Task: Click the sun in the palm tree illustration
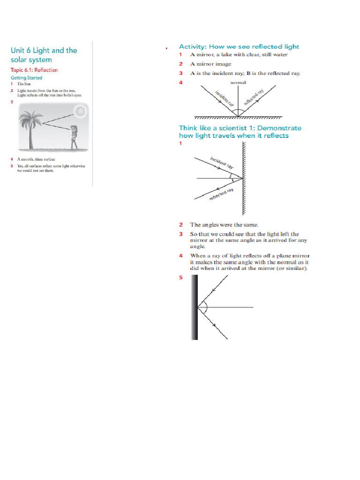[x=80, y=111]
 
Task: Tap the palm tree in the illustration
[x=30, y=127]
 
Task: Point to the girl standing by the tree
[x=74, y=136]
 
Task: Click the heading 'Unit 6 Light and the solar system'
[x=44, y=55]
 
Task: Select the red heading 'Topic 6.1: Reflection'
[x=34, y=70]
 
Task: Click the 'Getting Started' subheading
[x=26, y=78]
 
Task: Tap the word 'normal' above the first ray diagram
[x=238, y=82]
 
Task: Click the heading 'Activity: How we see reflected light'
[x=239, y=46]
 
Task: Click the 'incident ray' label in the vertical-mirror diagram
[x=221, y=163]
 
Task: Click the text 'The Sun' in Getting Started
[x=24, y=84]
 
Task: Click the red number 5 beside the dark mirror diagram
[x=180, y=277]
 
